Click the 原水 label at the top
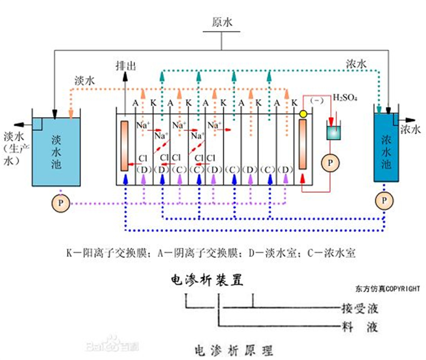[x=222, y=22]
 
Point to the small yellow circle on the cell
[x=303, y=114]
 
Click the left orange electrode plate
[x=125, y=146]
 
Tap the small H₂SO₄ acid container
[x=334, y=132]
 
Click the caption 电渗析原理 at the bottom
[x=233, y=350]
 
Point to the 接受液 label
[x=360, y=308]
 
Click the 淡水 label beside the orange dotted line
[x=85, y=80]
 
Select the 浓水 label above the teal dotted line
[x=356, y=64]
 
